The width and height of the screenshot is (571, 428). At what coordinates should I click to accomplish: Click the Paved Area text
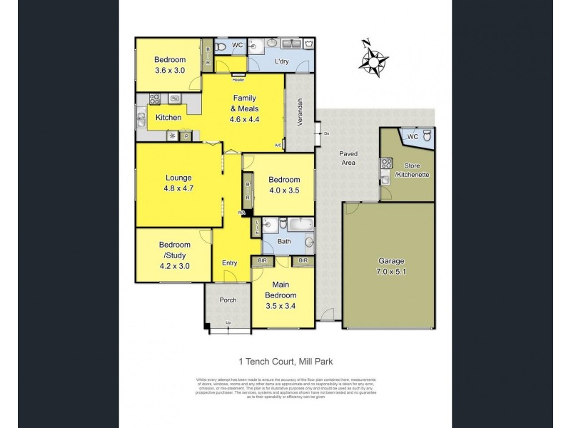(348, 158)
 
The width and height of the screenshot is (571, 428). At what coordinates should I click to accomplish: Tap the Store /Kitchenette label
(412, 170)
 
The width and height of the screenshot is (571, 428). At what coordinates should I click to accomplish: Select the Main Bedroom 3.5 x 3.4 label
(281, 295)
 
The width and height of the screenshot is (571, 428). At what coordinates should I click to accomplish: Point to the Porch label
(228, 300)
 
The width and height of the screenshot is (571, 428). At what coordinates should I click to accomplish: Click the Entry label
(230, 263)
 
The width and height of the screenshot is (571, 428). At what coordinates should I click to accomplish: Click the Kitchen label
(168, 117)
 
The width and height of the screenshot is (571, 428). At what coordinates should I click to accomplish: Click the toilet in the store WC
(426, 136)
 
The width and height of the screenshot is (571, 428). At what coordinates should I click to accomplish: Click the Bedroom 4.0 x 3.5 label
(281, 185)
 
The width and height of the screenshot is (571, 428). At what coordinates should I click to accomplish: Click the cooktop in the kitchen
(155, 99)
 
